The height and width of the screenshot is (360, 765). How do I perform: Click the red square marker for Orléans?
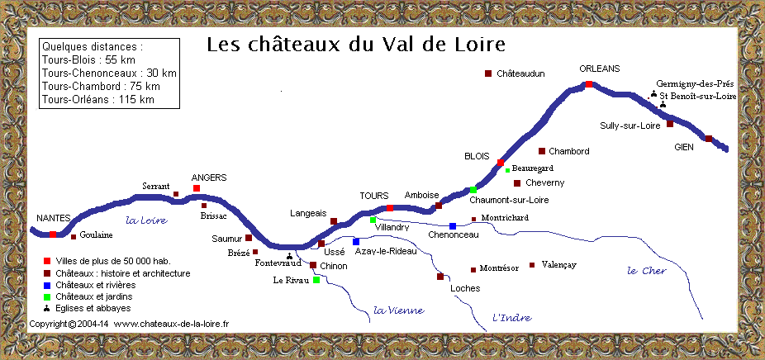[589, 84]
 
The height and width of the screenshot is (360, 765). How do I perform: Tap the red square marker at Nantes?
[52, 234]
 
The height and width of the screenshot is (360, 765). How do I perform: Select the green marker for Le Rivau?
[316, 280]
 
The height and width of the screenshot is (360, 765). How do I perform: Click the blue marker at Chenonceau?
[453, 225]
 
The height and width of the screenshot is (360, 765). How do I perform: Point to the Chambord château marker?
[542, 151]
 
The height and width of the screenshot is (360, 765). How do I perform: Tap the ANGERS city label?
[209, 178]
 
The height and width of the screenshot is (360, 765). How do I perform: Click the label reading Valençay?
[559, 264]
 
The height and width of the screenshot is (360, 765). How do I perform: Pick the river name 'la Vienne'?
[398, 310]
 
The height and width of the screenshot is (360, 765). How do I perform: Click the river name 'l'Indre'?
[512, 317]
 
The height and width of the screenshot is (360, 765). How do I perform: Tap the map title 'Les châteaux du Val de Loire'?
[355, 44]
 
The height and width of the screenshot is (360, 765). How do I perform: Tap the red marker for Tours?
[388, 208]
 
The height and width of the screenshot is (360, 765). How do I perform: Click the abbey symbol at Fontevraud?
[289, 256]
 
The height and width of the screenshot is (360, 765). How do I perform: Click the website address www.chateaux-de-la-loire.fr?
[171, 324]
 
